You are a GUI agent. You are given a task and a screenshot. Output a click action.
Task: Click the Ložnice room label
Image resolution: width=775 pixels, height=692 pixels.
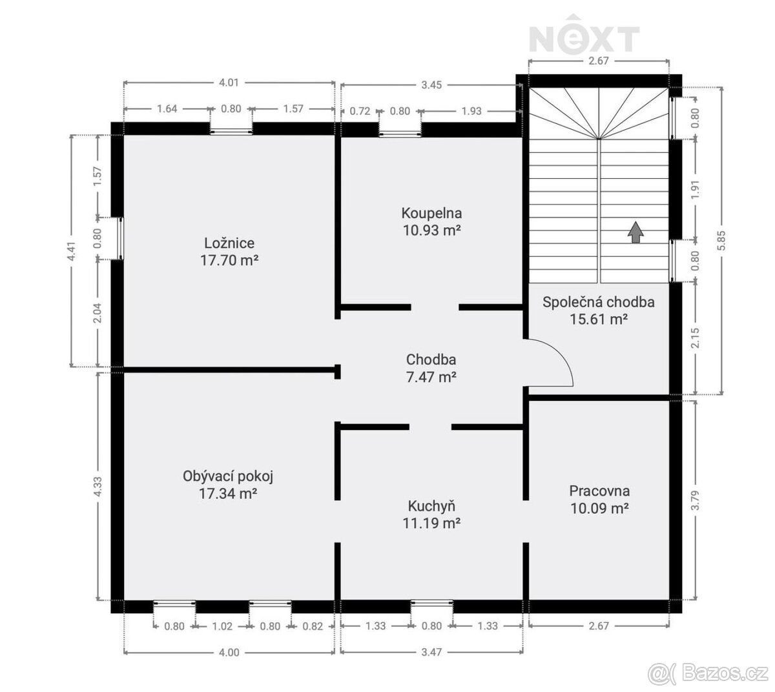[229, 243]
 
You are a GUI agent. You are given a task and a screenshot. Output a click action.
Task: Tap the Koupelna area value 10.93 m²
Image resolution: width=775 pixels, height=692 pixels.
[431, 229]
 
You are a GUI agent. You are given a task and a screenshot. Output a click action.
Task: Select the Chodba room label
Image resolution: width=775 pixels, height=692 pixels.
[431, 360]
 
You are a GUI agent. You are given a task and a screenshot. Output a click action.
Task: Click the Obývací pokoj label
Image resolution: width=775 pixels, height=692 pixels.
[229, 476]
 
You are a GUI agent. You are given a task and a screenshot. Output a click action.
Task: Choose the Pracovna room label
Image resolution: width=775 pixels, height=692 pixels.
[599, 491]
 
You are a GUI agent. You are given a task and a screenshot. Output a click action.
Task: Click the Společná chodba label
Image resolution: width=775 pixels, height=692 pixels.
[599, 301]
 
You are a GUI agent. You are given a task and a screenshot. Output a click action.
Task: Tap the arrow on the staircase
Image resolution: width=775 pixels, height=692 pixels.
[635, 232]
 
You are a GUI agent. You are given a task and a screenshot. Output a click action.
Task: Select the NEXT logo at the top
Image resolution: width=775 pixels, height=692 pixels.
[584, 38]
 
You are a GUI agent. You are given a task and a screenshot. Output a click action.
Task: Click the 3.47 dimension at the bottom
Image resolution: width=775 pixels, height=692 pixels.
[431, 653]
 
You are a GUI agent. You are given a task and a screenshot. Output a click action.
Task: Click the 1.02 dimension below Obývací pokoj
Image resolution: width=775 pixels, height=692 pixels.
[222, 626]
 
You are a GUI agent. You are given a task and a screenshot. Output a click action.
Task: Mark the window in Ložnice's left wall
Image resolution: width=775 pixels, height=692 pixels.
[119, 237]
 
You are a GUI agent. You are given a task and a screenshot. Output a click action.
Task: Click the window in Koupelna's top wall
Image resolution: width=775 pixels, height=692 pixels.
[400, 133]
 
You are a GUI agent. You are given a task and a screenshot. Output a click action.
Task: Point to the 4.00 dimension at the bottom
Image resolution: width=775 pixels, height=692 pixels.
[229, 653]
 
